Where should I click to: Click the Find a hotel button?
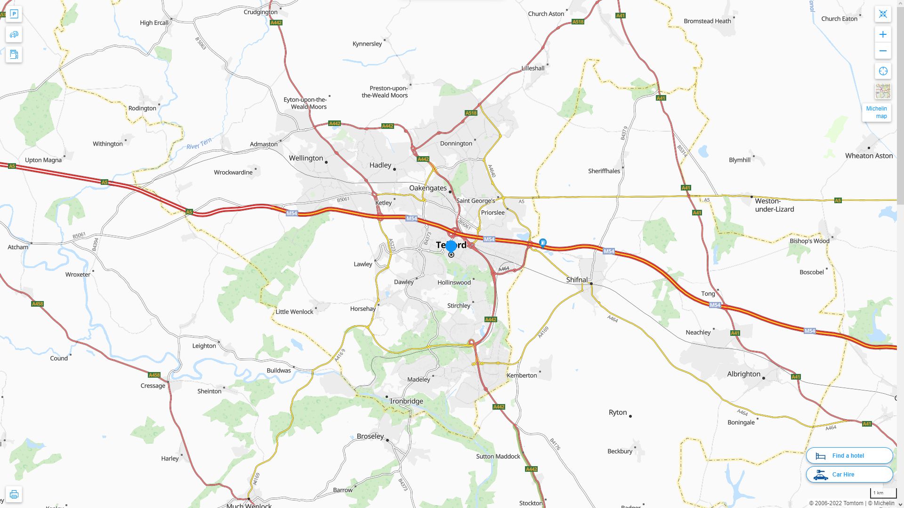tap(849, 455)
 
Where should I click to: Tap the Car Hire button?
tap(849, 474)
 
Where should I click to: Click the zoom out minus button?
tap(883, 51)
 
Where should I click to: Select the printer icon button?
tap(14, 494)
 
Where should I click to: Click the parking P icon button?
tap(14, 14)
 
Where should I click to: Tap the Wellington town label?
tap(306, 158)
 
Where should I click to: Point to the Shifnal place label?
tap(577, 279)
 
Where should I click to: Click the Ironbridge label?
tap(406, 401)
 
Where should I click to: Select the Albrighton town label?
tap(743, 374)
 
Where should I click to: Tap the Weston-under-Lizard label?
tap(774, 205)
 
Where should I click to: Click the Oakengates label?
tap(428, 188)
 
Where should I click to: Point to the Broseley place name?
tap(370, 436)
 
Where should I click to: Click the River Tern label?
tap(199, 144)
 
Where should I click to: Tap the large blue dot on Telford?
tap(451, 246)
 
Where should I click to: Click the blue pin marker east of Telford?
tap(543, 243)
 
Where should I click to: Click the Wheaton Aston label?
tap(869, 156)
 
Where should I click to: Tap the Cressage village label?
tap(153, 386)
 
